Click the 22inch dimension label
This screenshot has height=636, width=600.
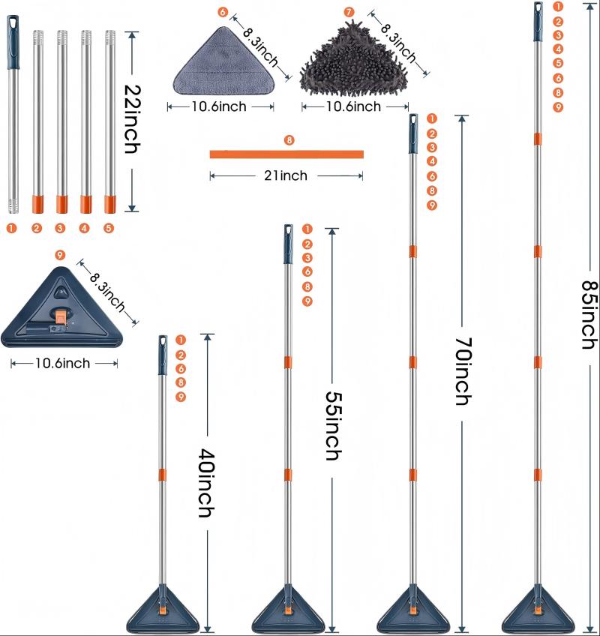coord(132,118)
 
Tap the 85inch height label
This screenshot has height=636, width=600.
coord(589,314)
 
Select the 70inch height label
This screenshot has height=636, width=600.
coord(463,371)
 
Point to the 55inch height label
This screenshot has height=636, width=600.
coord(334,425)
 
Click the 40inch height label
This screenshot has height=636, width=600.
coord(206,483)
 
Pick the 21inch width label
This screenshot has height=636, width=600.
coord(286,175)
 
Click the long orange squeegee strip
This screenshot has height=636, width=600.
coord(286,154)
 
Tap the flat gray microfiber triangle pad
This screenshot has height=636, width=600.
coord(223,61)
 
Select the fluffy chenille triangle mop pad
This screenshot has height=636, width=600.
coord(354,60)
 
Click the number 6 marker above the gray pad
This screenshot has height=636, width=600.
coord(223,12)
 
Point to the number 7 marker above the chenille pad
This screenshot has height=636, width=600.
coord(349,12)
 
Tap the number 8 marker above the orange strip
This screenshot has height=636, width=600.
coord(289,140)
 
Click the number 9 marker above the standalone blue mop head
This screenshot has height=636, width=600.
coord(60,255)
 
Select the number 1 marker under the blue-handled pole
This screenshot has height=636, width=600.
coord(12,228)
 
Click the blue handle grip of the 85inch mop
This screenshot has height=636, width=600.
coord(538,22)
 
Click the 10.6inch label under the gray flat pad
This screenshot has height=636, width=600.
coord(219,106)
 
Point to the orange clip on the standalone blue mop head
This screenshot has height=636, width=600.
coord(61,316)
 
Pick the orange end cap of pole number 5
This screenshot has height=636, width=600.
coord(110,204)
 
